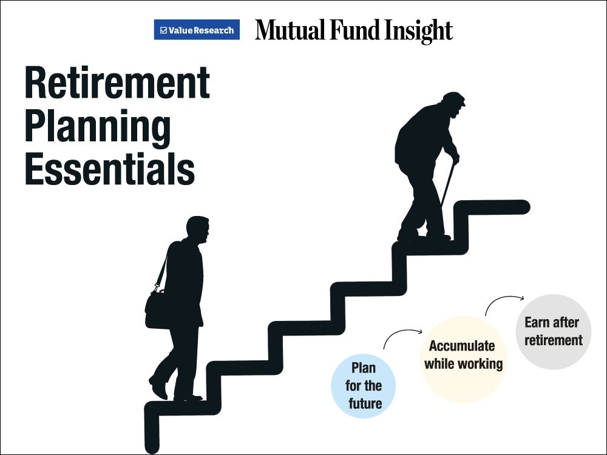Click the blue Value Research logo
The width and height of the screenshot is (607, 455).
[197, 30]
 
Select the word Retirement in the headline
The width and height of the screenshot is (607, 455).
[117, 83]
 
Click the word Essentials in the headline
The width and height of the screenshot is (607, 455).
[109, 169]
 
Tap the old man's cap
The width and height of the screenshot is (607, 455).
[453, 98]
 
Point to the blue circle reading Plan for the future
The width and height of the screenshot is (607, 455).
[363, 386]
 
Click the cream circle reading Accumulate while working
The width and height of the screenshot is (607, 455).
[463, 359]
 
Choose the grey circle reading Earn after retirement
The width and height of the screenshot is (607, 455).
[553, 332]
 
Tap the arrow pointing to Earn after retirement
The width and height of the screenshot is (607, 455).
[502, 298]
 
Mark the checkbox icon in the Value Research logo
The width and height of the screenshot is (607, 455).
[163, 30]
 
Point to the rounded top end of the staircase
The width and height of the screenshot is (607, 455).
[523, 207]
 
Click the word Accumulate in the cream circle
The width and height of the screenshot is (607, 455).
[462, 346]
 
